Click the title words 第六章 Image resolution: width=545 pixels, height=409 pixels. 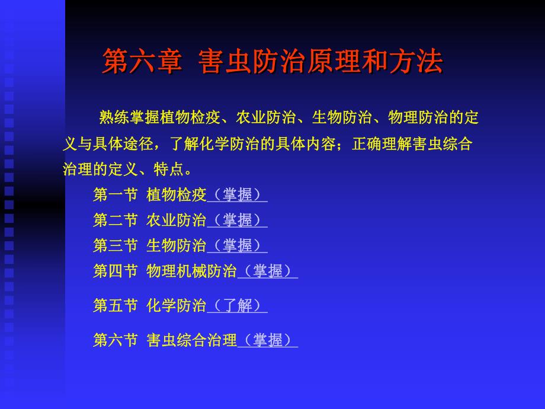[x=142, y=62]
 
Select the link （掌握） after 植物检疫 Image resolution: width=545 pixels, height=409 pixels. [x=237, y=195]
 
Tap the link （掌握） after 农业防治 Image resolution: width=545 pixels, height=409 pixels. [x=237, y=221]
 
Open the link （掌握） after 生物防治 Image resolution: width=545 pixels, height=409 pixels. [x=237, y=246]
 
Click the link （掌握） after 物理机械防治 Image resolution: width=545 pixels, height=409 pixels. [x=267, y=271]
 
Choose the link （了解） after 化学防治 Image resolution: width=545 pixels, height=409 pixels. [x=237, y=306]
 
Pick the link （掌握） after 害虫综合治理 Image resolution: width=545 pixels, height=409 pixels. [x=267, y=340]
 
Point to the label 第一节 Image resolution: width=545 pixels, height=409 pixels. [x=116, y=195]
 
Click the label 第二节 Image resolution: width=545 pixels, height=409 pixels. [x=116, y=221]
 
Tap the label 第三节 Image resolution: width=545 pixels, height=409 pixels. [x=116, y=246]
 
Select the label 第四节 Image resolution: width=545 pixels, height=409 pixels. [x=116, y=271]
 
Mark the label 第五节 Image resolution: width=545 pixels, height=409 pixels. [x=116, y=306]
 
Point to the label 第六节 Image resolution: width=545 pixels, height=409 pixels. [x=116, y=340]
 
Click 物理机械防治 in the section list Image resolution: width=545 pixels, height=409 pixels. [x=191, y=271]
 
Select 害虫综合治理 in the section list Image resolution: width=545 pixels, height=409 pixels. [x=191, y=340]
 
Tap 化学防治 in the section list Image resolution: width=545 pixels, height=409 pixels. [x=176, y=306]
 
